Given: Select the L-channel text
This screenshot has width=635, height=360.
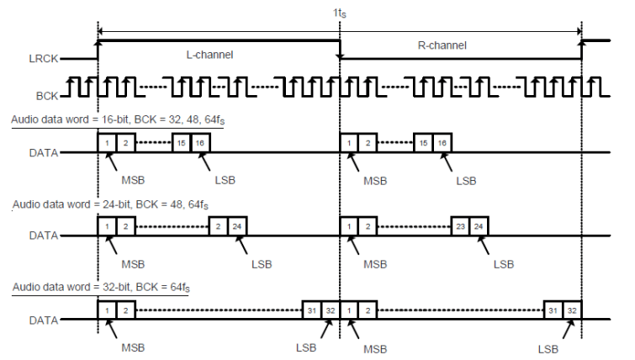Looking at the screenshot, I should (209, 54).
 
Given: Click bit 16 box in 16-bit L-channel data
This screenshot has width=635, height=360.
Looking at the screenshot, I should (200, 143).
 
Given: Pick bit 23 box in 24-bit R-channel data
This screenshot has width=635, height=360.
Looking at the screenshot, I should (460, 227).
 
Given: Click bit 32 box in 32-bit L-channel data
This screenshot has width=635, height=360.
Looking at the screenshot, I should (330, 310).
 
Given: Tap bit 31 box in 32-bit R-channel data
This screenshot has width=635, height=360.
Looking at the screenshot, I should (553, 310).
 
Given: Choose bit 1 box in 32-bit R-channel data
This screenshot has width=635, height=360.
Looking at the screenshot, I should (350, 310).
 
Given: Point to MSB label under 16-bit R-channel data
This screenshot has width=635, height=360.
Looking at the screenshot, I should (375, 180).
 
